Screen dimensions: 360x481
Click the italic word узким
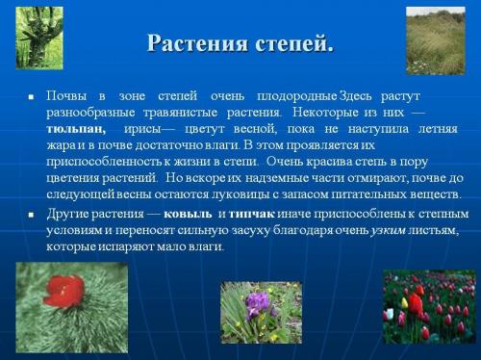point(389,230)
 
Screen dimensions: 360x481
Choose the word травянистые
point(164,113)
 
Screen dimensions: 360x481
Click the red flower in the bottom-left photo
point(65,289)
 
